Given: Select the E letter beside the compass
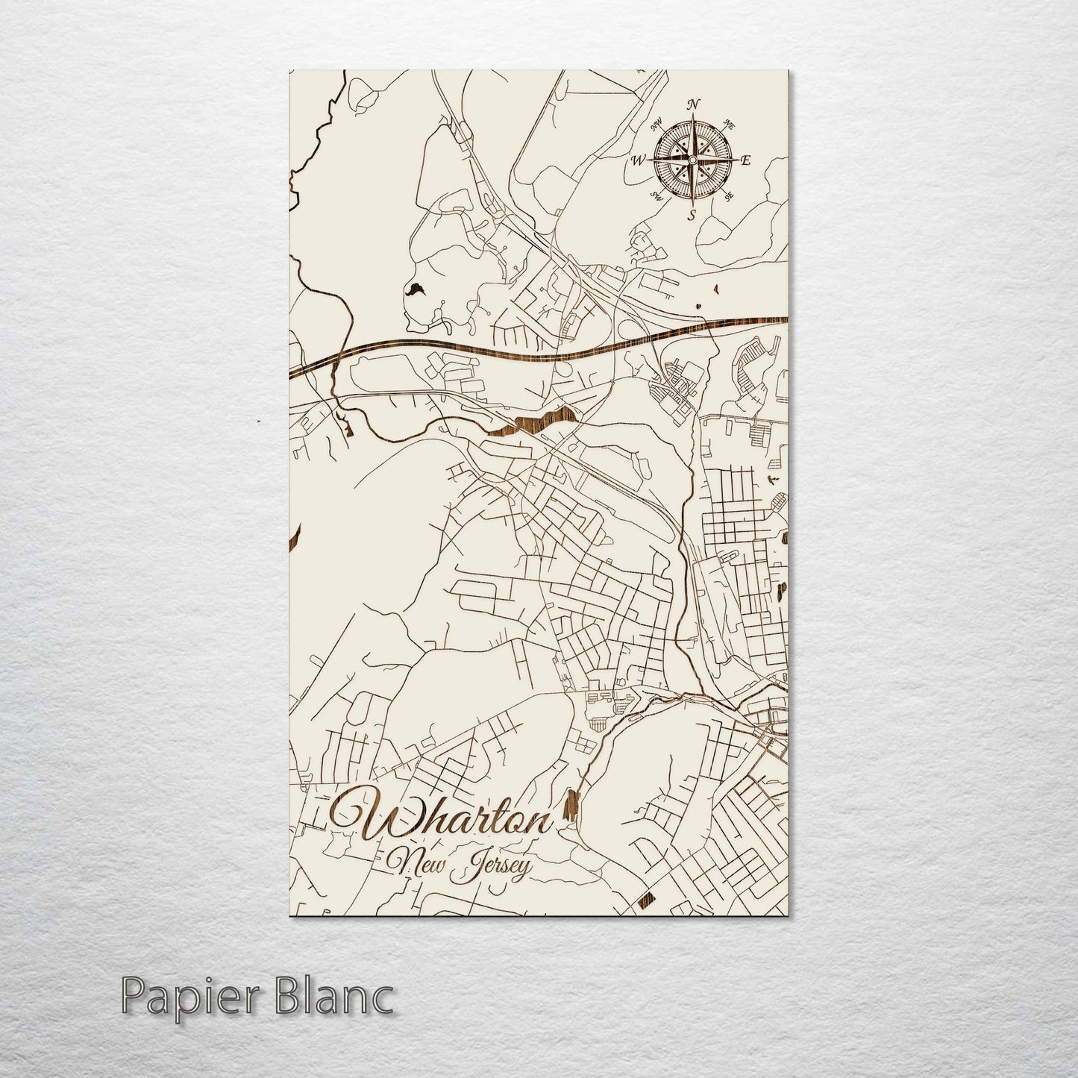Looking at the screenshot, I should [x=746, y=160].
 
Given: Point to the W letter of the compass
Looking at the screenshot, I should [x=639, y=160].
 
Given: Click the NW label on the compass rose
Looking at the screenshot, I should [x=657, y=124].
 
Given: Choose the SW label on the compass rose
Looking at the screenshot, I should [x=657, y=196].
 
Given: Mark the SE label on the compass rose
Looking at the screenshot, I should [x=728, y=196].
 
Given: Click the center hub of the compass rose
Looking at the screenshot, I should [x=692, y=160].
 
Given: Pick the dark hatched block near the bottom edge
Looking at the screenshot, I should [x=646, y=903].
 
